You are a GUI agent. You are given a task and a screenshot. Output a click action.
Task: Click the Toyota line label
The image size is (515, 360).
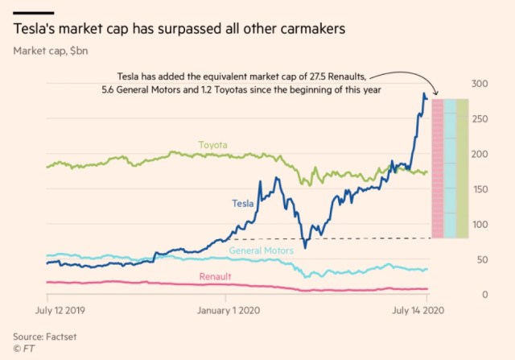click(213, 145)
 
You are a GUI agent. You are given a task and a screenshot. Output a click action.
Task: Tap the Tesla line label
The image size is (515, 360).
click(242, 204)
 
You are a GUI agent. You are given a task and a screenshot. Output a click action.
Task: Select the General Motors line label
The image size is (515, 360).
click(261, 251)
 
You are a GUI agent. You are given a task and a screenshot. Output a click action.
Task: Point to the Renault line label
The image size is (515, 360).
click(215, 277)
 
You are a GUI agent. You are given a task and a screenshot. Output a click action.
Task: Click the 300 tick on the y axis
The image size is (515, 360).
click(480, 84)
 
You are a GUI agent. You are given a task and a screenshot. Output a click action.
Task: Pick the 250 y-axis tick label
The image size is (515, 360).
click(480, 119)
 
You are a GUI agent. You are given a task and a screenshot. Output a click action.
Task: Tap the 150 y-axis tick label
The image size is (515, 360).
click(480, 189)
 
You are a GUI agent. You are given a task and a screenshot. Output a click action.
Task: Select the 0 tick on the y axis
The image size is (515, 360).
click(486, 295)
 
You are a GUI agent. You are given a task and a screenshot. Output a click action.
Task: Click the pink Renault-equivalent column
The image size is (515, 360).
click(438, 168)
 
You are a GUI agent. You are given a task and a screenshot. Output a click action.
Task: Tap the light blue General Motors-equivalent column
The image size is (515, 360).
click(450, 168)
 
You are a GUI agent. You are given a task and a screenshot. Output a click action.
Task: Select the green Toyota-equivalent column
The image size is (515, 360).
click(463, 168)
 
